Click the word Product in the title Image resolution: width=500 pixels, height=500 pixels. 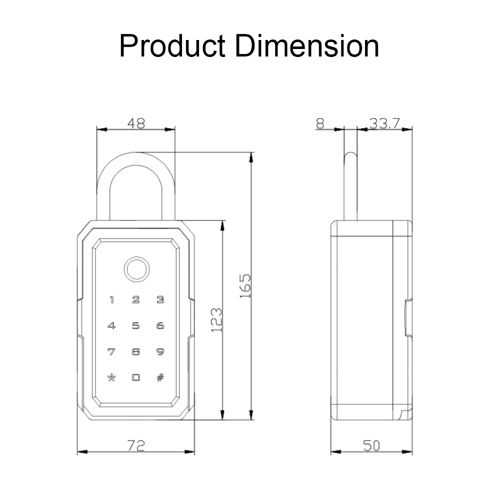(x=172, y=45)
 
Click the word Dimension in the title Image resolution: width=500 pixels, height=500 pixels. (x=307, y=45)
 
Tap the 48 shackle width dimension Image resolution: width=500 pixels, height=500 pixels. (x=136, y=123)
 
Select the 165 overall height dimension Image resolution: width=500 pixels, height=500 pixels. (x=245, y=285)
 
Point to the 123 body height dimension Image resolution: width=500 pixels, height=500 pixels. (x=216, y=320)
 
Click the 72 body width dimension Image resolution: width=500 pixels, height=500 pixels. (x=136, y=445)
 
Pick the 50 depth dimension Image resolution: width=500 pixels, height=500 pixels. (x=371, y=446)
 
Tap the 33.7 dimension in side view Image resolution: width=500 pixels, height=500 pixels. (x=384, y=123)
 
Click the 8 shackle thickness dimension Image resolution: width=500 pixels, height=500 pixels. (x=320, y=123)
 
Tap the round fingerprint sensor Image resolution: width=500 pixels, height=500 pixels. (x=136, y=269)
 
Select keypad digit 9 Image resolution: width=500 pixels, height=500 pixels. (x=160, y=351)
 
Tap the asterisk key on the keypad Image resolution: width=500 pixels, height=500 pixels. (x=111, y=377)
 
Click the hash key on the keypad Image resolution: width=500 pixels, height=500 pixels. (x=160, y=377)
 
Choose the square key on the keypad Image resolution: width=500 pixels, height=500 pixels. (x=136, y=377)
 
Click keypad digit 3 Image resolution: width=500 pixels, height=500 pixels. (x=160, y=299)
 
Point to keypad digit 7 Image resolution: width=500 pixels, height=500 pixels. (x=111, y=351)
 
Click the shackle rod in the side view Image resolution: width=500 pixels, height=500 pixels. (x=351, y=186)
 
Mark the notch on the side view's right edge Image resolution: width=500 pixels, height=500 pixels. (x=408, y=317)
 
